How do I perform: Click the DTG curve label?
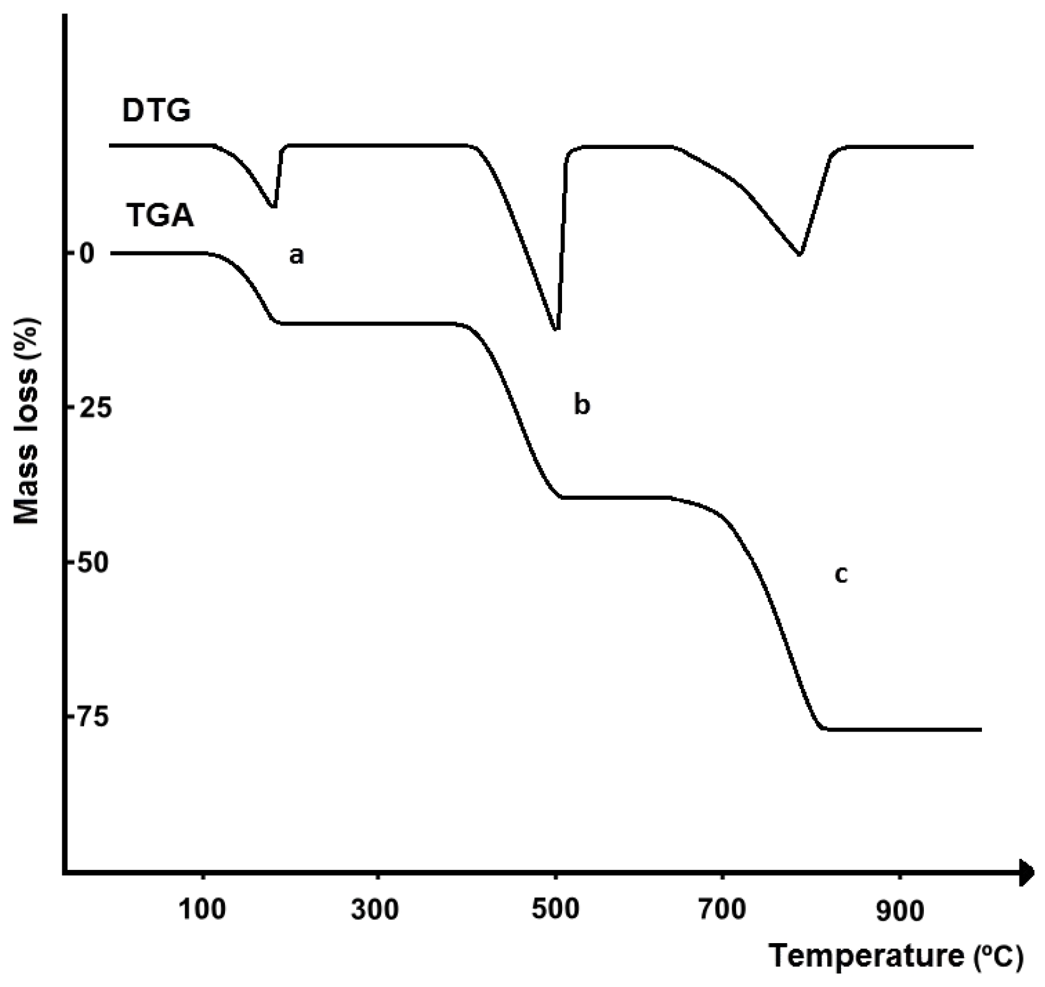pyautogui.click(x=156, y=111)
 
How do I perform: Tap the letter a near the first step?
pyautogui.click(x=296, y=256)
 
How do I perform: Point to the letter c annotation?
pyautogui.click(x=841, y=574)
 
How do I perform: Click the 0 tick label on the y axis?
pyautogui.click(x=87, y=253)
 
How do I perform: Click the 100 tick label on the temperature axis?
pyautogui.click(x=202, y=910)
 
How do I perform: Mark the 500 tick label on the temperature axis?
pyautogui.click(x=556, y=910)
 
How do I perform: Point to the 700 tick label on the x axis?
pyautogui.click(x=722, y=910)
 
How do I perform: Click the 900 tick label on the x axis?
pyautogui.click(x=899, y=911)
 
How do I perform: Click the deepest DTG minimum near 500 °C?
pyautogui.click(x=556, y=329)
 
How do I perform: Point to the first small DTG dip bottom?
pyautogui.click(x=273, y=206)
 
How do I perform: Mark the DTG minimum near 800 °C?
pyautogui.click(x=799, y=254)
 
